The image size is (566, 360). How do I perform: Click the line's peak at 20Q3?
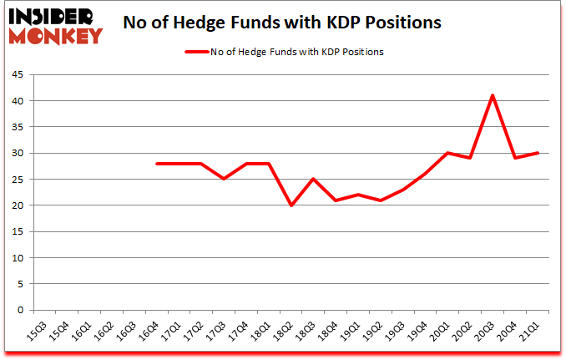click(x=493, y=95)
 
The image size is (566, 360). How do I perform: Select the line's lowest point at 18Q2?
click(x=291, y=205)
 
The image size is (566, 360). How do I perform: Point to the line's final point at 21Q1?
click(x=537, y=153)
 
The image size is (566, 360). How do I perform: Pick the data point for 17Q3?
click(x=224, y=179)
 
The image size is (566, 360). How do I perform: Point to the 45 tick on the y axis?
click(x=17, y=74)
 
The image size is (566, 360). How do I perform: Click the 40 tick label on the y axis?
click(x=17, y=101)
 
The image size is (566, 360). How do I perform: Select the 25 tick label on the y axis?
click(x=17, y=180)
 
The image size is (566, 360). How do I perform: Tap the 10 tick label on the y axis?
click(x=17, y=258)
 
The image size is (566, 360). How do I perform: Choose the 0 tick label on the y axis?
click(x=19, y=310)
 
